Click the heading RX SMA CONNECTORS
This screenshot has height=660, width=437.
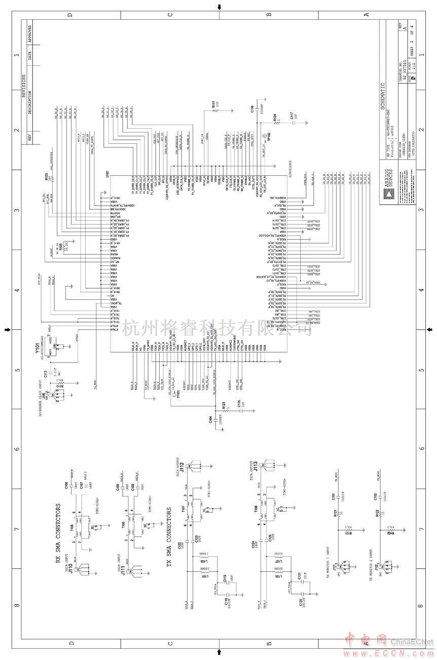[58, 532]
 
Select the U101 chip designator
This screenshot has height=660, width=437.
[107, 174]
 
